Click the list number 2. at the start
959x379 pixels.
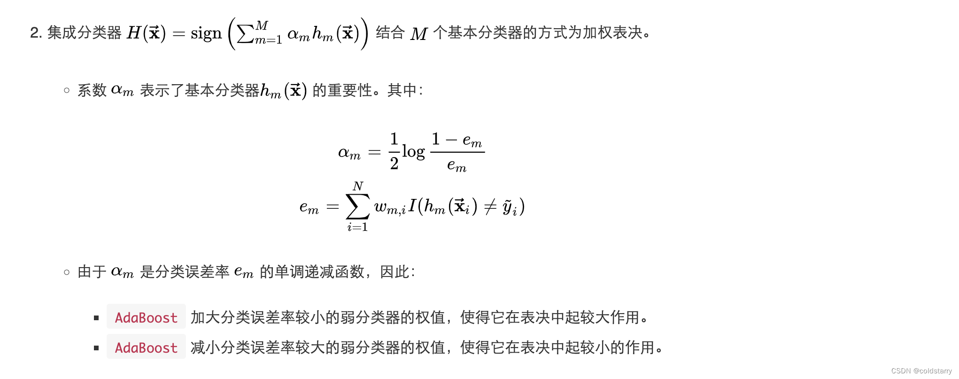(36, 33)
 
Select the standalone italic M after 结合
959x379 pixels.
(418, 34)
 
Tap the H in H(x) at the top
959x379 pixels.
(134, 33)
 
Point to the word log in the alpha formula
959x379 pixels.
(413, 152)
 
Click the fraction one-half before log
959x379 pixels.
(394, 151)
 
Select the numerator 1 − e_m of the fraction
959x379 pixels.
(457, 140)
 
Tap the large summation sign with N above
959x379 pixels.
(357, 206)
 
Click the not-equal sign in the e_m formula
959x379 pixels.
(490, 206)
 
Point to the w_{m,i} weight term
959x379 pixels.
(390, 207)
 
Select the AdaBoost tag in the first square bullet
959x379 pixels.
(146, 317)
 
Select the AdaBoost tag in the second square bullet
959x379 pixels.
(146, 347)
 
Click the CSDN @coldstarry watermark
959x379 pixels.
(921, 371)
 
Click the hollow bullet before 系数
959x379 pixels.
(67, 90)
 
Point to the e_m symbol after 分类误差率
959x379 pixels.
(244, 272)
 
